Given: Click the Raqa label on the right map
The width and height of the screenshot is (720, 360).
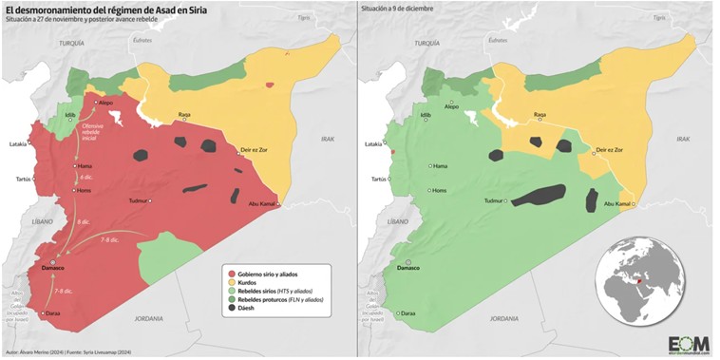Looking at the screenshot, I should click(x=540, y=114).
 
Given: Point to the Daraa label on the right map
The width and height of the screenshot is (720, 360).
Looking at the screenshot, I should click(x=408, y=313).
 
